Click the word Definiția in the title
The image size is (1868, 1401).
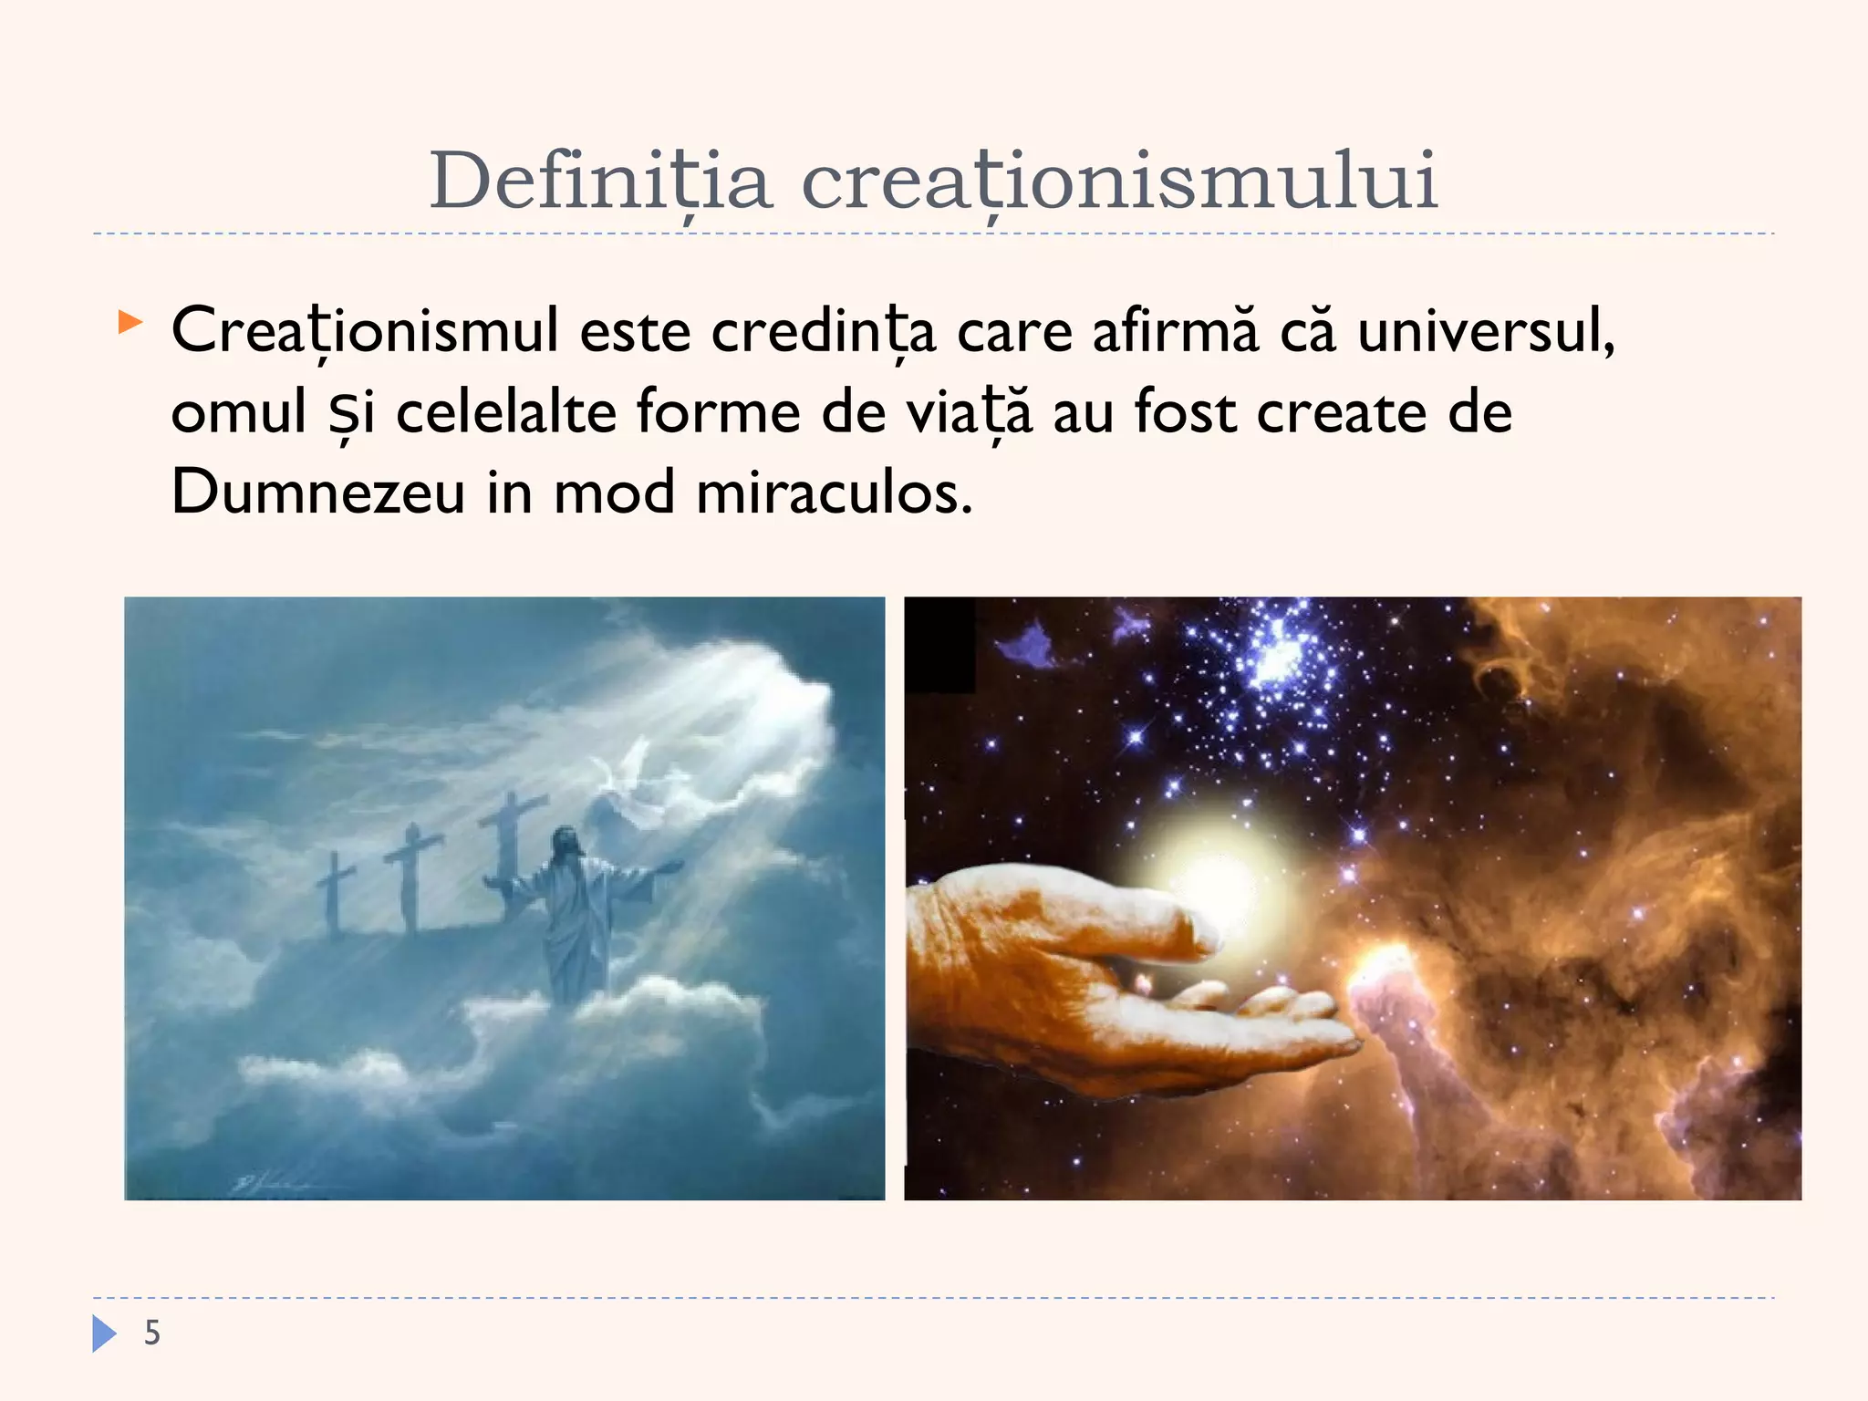coord(600,181)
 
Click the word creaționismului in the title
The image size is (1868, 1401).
coord(1119,181)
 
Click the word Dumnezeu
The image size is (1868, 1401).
coord(318,493)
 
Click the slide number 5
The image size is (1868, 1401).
coord(152,1333)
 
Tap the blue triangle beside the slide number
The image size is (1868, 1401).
coord(104,1333)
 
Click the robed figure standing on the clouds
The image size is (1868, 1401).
coord(575,912)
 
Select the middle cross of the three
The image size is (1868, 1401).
coord(412,876)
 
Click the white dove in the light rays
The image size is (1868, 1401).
coord(629,766)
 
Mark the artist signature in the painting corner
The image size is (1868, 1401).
coord(260,1184)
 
